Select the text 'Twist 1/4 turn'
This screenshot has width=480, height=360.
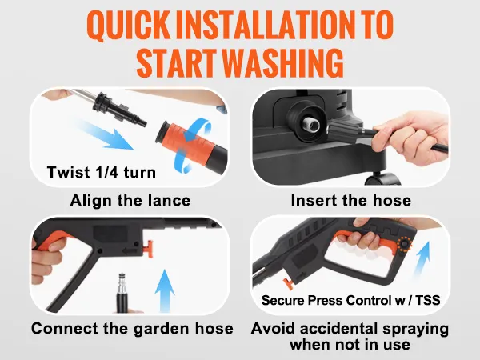tap(102, 172)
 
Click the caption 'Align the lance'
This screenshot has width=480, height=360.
tap(130, 201)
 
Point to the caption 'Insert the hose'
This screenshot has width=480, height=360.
tap(351, 201)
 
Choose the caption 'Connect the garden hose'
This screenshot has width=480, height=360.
tap(132, 329)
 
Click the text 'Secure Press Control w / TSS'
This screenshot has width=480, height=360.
tap(351, 300)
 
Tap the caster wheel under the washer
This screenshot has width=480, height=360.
tap(382, 178)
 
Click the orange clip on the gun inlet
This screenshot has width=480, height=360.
tap(148, 248)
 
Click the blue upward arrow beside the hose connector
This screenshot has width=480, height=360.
tap(165, 291)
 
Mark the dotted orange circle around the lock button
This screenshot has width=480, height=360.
tap(404, 244)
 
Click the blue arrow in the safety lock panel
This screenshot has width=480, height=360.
tap(422, 259)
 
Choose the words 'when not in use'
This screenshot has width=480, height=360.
tap(350, 344)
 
